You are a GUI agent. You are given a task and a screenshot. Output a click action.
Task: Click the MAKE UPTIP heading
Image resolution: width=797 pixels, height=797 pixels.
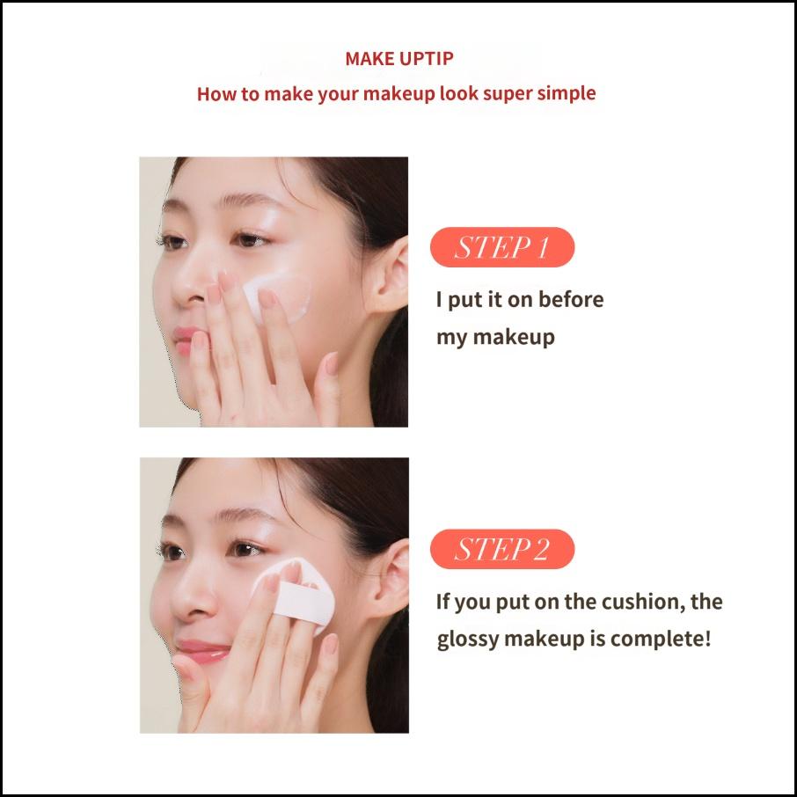point(398,59)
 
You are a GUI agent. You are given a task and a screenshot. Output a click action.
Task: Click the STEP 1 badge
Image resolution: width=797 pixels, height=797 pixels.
point(501,247)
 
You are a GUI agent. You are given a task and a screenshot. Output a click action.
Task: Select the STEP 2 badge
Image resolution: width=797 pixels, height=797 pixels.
point(501,550)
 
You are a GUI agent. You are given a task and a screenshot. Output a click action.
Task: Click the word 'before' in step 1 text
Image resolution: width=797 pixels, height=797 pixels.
point(571,299)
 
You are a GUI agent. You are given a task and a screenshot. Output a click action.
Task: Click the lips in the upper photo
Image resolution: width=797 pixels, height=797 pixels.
point(186,339)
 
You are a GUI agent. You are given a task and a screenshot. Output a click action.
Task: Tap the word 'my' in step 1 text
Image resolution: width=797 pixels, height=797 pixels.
point(450,337)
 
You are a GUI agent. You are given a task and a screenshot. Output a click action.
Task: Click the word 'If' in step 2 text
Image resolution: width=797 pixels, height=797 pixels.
point(443,603)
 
